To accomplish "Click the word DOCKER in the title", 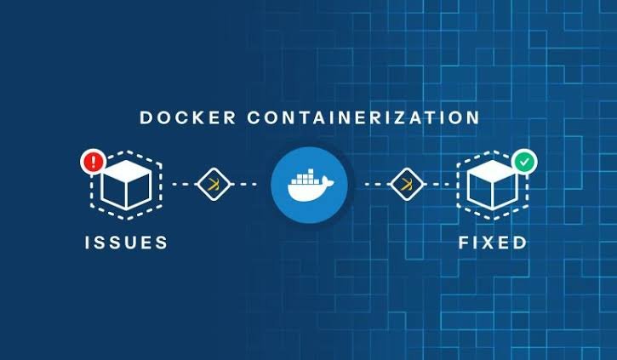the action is pos(188,117).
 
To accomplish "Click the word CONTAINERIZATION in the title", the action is pos(363,117).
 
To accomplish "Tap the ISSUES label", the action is pos(126,243).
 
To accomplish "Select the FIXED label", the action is pos(492,243).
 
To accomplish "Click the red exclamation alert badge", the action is pos(93,162).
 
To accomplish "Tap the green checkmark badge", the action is pos(524,162).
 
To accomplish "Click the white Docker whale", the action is pos(311,186).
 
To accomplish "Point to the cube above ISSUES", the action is pos(126,184).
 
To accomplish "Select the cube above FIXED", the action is pos(492,184).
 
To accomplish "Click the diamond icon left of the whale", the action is pos(214,184).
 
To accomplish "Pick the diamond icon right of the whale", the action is pos(407,184).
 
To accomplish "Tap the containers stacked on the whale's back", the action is pos(306,177).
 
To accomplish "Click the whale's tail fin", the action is pos(328,181).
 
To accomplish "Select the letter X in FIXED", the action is pos(486,243).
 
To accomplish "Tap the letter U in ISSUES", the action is pos(126,243).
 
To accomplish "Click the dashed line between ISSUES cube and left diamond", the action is pos(185,184).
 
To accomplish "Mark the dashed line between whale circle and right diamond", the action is pos(377,184).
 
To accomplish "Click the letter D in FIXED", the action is pos(520,243).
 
